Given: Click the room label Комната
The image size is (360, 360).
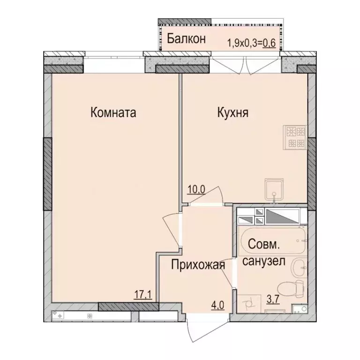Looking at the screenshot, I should click(x=113, y=113).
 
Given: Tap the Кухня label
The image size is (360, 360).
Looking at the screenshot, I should click(x=232, y=113).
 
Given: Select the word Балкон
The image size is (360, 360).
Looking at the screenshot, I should click(x=187, y=39).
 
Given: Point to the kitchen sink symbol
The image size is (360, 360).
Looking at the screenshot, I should click(x=274, y=189).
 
